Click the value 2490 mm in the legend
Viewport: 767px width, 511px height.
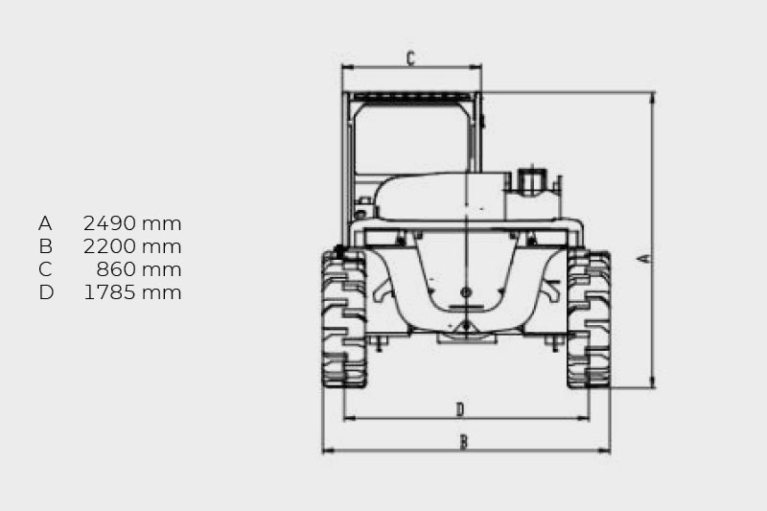coord(132,223)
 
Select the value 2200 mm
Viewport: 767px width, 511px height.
coord(132,246)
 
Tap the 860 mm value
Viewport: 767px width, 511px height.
coord(138,269)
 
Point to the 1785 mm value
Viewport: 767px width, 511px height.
coord(132,292)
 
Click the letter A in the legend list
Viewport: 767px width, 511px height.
coord(45,223)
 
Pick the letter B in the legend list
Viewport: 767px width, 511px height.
coord(45,246)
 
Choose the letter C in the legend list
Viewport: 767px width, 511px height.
coord(45,269)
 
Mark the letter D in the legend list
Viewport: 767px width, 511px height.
coord(46,292)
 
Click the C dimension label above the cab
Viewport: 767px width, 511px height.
coord(411,58)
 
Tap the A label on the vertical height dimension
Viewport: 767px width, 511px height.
coord(645,258)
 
